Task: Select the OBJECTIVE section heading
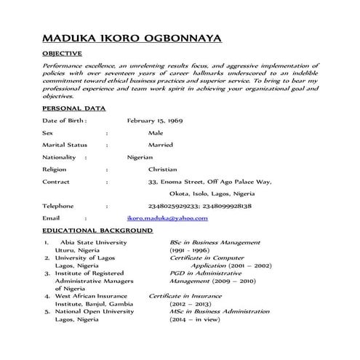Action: [x=63, y=54]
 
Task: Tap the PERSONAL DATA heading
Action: [x=74, y=108]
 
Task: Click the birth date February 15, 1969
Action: [x=154, y=120]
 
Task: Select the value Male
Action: [x=156, y=133]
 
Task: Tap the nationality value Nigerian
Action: [x=140, y=157]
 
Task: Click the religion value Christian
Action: [x=162, y=169]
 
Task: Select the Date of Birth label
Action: [x=65, y=120]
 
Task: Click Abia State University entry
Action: [x=94, y=242]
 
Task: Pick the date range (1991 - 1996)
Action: [x=190, y=250]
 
